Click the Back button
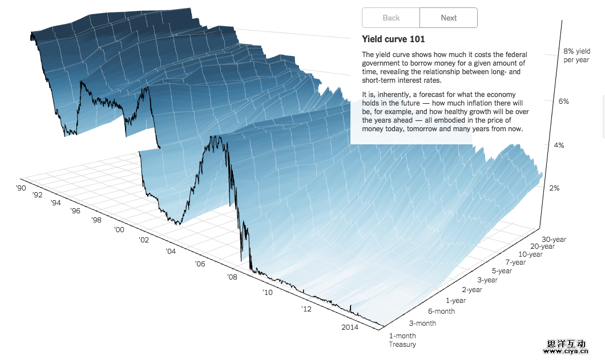391,18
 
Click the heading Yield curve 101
393,39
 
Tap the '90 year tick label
21,188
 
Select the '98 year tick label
96,220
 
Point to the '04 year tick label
171,251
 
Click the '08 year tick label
232,277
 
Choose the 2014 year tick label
349,327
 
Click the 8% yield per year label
576,55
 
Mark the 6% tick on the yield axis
563,102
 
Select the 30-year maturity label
554,240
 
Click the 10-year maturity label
530,254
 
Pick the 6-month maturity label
441,312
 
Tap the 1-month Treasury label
402,340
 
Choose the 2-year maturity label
472,290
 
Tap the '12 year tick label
307,309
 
